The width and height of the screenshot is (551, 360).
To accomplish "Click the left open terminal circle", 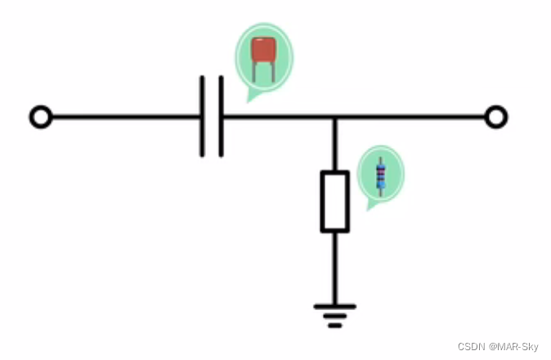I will [40, 117].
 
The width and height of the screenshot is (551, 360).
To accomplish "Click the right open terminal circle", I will [495, 117].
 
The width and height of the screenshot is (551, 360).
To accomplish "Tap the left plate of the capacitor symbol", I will [202, 117].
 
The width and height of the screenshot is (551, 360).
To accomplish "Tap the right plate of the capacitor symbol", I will [221, 117].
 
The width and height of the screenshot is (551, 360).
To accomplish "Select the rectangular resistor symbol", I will [334, 201].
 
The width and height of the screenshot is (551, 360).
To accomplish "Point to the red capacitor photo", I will [262, 51].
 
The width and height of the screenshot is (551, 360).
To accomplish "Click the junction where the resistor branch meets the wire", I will [334, 117].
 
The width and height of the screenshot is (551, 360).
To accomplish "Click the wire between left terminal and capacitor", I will [123, 117].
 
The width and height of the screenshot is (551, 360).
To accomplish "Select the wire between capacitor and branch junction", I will [278, 117].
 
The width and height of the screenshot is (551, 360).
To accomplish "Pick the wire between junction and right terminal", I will [409, 117].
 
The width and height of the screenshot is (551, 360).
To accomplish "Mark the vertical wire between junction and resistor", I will [334, 145].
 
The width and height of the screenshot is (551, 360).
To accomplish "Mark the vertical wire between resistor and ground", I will [334, 266].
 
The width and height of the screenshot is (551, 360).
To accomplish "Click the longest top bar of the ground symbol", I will [334, 306].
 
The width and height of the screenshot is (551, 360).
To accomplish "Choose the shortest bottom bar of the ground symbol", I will [334, 326].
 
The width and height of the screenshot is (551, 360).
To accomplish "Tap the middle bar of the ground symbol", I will [334, 316].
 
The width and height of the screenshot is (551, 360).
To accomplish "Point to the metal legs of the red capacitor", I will [262, 71].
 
